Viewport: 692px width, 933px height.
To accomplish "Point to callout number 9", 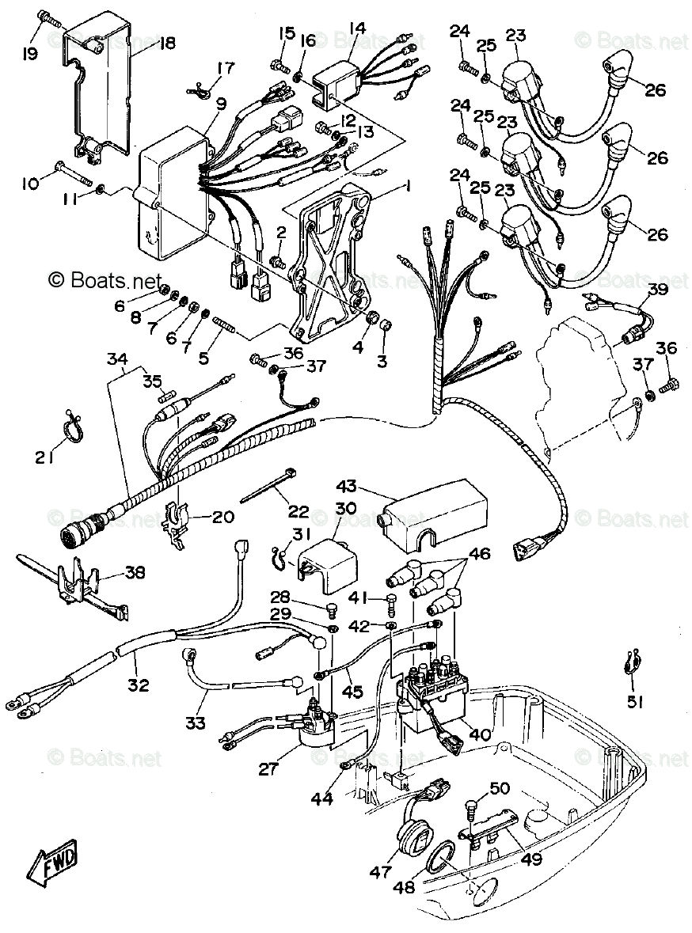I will click(x=219, y=103).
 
